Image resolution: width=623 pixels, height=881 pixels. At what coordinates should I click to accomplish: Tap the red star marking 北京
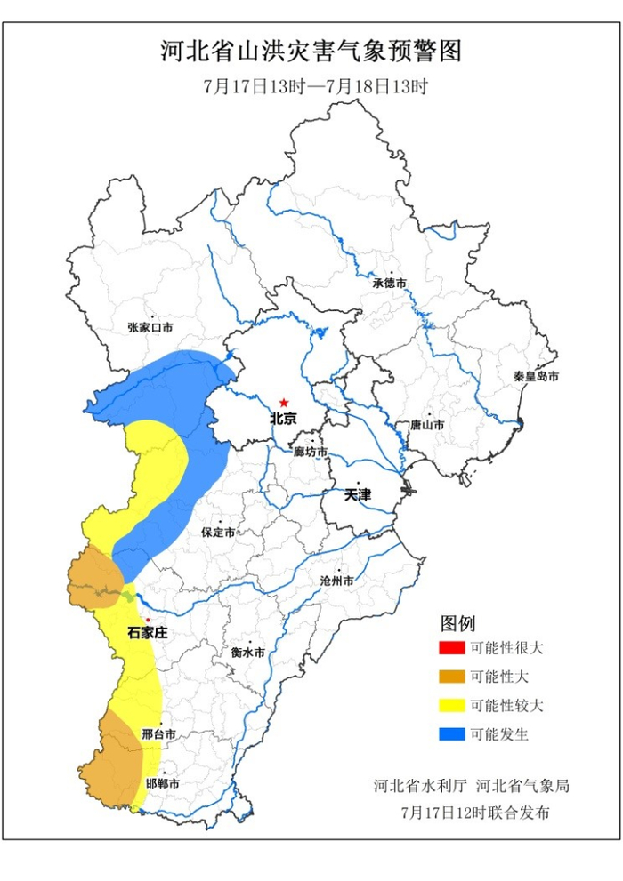pos(284,403)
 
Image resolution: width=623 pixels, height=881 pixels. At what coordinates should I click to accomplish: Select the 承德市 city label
pos(389,284)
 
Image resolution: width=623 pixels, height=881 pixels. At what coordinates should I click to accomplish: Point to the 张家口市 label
pos(150,328)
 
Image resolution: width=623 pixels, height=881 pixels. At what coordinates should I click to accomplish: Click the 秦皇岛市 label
pos(536,377)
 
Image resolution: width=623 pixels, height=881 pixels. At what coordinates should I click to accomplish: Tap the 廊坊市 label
pos(311,453)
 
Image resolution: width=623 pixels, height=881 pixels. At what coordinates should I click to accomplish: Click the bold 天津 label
pos(358,495)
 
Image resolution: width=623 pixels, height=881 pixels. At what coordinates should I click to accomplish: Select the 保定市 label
pos(218,533)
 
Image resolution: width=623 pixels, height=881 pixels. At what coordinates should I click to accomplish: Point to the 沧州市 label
pos(336,581)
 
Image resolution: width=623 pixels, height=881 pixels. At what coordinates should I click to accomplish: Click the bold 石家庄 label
pos(147,633)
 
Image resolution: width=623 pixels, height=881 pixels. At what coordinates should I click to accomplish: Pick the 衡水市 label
pos(247,652)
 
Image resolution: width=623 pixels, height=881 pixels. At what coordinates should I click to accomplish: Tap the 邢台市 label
pos(158,735)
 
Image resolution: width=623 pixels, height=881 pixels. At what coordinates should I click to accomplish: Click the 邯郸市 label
pos(162,784)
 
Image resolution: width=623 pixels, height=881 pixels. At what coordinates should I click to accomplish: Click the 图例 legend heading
pos(458,621)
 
